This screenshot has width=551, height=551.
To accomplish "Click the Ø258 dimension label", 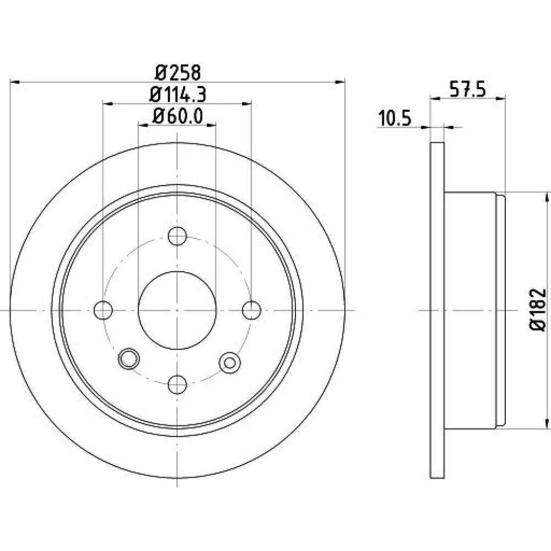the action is (178, 73).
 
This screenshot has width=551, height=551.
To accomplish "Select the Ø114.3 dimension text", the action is (178, 95).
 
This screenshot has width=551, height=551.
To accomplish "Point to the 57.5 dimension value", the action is (468, 90).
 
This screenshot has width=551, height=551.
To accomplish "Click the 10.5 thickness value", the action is (395, 118).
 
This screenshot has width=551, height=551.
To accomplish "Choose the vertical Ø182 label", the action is (538, 310).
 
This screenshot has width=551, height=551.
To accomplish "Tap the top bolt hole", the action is (177, 236).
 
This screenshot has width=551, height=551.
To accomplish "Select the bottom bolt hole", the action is (177, 385).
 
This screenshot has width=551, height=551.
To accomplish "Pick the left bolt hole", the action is (104, 310).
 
